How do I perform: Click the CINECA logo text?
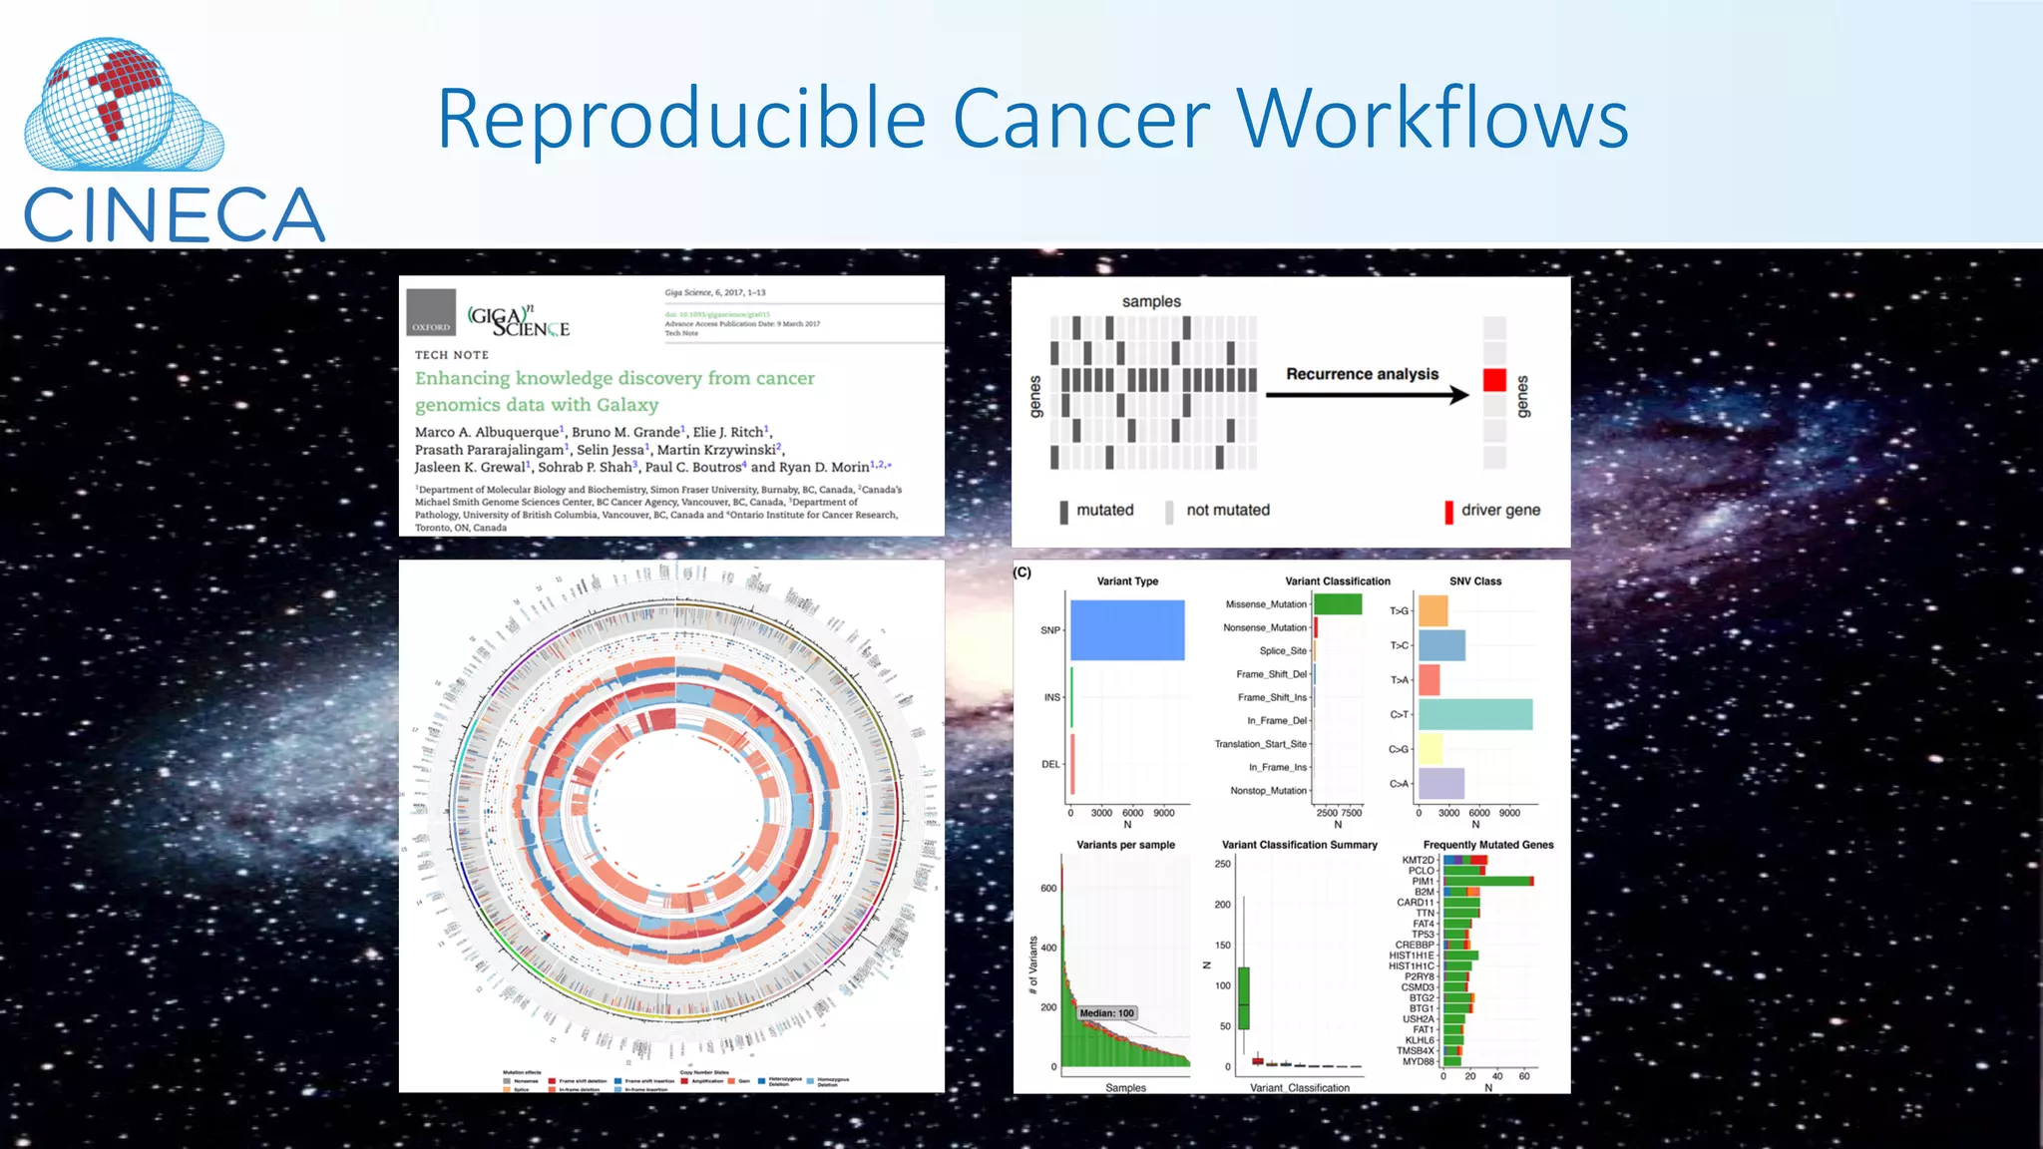(174, 215)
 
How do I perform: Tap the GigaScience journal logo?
(519, 321)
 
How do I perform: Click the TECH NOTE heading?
(452, 355)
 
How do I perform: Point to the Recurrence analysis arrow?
(1367, 395)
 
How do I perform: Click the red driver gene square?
(1493, 380)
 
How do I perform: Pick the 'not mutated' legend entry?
(1227, 511)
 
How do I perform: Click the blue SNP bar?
(1127, 630)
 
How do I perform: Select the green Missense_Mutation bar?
(1338, 604)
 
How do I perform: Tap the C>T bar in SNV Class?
(1475, 714)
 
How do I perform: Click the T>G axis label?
(1399, 610)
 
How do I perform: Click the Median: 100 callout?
(1106, 1013)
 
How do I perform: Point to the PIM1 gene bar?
(1487, 881)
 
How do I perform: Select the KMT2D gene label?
(1418, 860)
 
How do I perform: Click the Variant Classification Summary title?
(1299, 845)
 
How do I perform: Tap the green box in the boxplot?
(1243, 997)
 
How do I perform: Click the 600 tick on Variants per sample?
(1048, 888)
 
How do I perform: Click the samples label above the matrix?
(1150, 301)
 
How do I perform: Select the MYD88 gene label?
(1418, 1061)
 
